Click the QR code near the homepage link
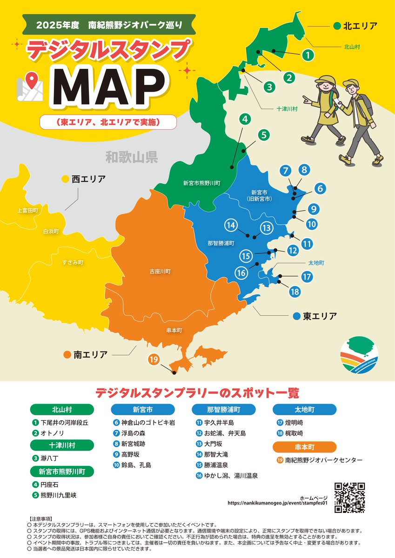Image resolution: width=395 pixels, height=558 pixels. (349, 498)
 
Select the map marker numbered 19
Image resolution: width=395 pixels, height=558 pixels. (154, 359)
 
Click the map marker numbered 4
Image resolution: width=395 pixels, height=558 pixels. (245, 119)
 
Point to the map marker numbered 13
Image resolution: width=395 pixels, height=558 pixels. (266, 228)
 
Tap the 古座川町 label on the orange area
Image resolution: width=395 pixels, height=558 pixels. (160, 271)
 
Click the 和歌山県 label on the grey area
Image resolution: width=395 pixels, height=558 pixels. (132, 157)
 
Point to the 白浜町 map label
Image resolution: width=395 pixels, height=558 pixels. (51, 231)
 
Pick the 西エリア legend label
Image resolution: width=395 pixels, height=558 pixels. (88, 179)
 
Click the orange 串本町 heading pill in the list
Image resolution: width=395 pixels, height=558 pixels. (304, 447)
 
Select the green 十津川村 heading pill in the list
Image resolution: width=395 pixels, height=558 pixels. (62, 445)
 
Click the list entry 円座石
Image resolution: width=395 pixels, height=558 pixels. (49, 485)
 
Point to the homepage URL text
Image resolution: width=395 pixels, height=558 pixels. (278, 503)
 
